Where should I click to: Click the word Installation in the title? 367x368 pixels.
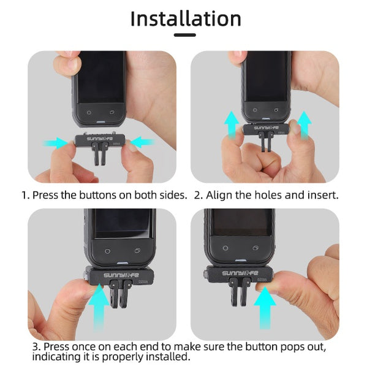[x=186, y=18]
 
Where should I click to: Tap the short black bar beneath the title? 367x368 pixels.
[x=184, y=36]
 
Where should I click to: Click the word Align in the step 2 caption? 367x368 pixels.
[x=220, y=196]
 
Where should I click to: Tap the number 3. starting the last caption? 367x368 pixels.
[x=37, y=348]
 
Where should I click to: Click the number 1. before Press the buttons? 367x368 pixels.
[x=26, y=196]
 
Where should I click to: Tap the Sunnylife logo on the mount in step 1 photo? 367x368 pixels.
[x=100, y=139]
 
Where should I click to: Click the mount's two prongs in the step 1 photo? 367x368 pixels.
[x=100, y=157]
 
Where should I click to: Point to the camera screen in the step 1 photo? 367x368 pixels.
[x=100, y=79]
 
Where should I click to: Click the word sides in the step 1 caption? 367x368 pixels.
[x=172, y=196]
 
